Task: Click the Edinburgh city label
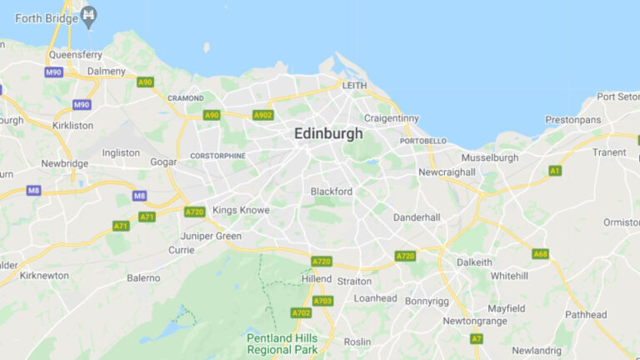coord(328,133)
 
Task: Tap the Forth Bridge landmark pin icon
coord(88,15)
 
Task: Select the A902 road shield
coord(262,115)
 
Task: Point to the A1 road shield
coord(555,170)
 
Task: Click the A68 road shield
coord(540,253)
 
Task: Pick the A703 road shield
coord(322,301)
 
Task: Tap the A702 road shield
coord(301,312)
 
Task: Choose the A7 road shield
coord(477,338)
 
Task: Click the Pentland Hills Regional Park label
coord(281,343)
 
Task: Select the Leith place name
coord(354,85)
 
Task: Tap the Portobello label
coord(423,141)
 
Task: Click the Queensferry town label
coord(74,54)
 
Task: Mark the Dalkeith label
coord(474,262)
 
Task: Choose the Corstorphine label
coord(217,156)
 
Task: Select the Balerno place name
coord(143,277)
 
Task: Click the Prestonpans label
coord(572,119)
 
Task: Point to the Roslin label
coord(357,342)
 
